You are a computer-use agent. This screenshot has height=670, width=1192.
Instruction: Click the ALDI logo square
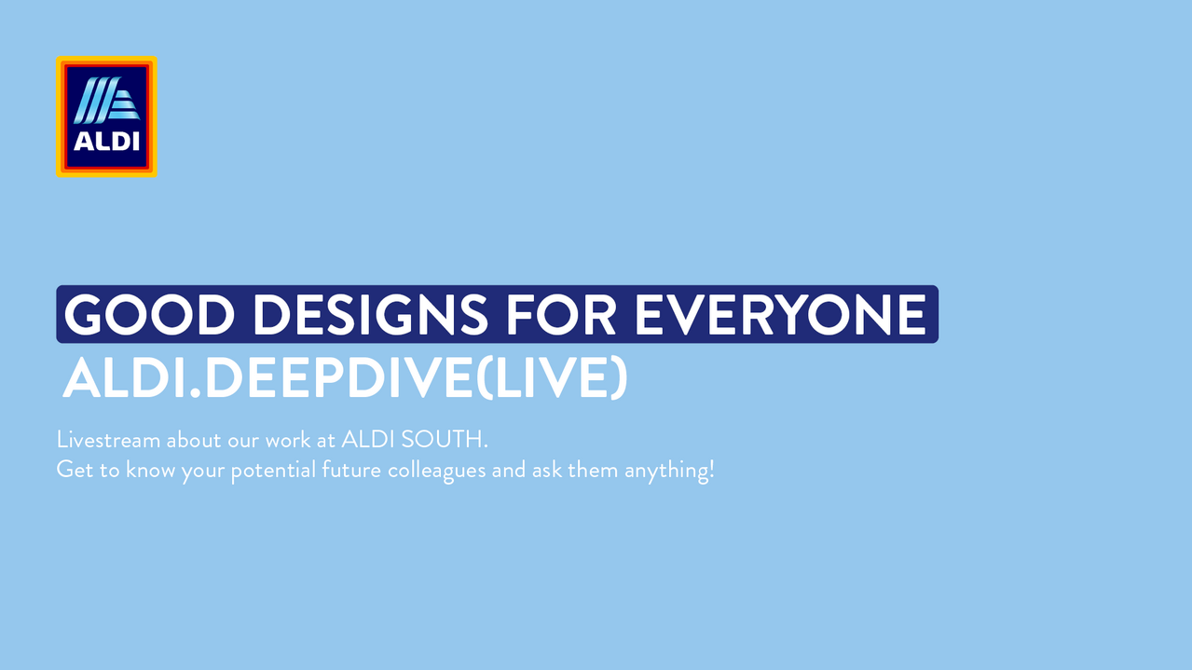[x=106, y=116]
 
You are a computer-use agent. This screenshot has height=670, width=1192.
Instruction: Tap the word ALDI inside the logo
[x=106, y=141]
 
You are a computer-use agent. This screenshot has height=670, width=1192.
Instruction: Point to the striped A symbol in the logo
[x=106, y=100]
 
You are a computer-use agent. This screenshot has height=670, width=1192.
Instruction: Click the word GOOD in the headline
[x=149, y=315]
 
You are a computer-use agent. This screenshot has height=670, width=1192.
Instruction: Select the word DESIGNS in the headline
[x=370, y=315]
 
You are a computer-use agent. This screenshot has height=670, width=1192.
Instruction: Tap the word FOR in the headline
[x=560, y=315]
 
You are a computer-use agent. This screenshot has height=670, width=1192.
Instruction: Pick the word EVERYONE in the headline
[x=780, y=315]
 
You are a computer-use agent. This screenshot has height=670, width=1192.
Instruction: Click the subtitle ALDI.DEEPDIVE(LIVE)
[x=345, y=377]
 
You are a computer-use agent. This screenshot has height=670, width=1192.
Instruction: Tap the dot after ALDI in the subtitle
[x=196, y=393]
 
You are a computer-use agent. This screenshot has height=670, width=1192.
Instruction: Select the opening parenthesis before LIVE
[x=484, y=377]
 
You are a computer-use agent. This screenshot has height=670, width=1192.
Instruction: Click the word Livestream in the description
[x=108, y=440]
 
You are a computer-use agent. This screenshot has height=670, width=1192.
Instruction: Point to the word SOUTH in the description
[x=444, y=440]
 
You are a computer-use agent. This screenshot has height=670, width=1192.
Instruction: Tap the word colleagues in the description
[x=436, y=471]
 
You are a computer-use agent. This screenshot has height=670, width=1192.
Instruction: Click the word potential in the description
[x=273, y=471]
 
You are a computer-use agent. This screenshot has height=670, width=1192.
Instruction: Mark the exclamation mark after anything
[x=711, y=470]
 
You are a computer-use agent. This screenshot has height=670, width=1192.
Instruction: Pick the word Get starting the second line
[x=75, y=470]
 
